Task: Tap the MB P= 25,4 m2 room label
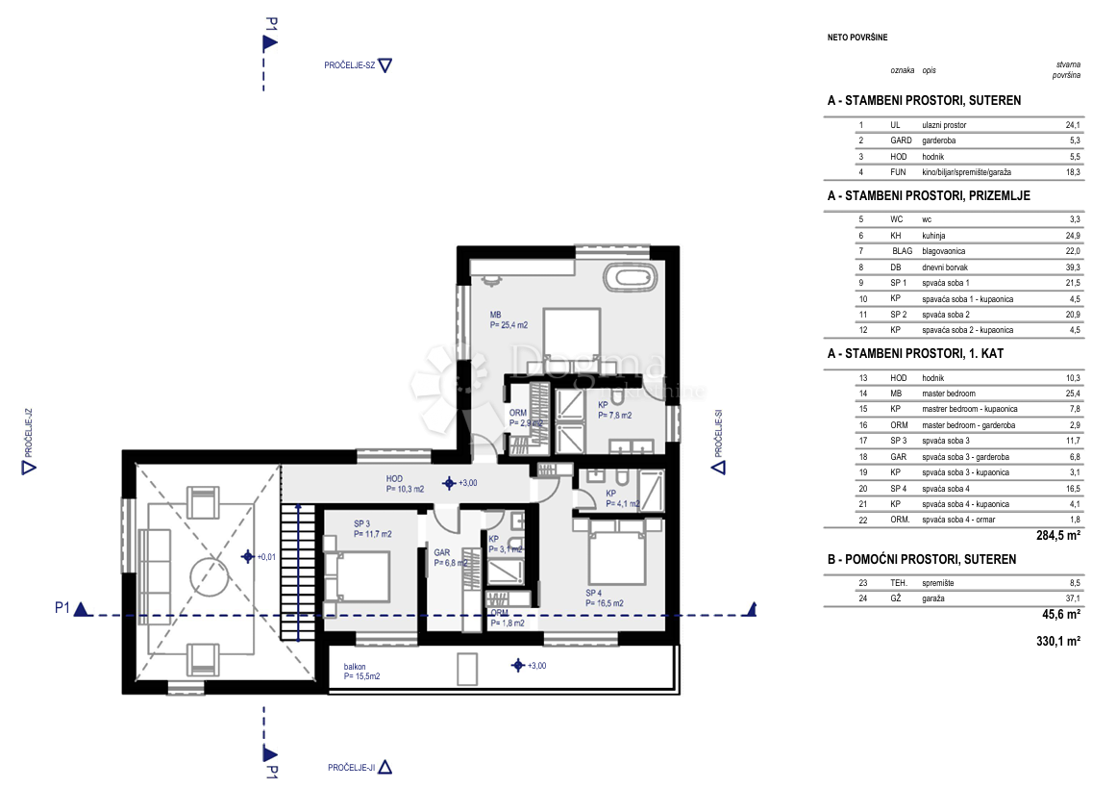click(x=512, y=319)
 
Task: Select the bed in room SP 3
click(x=357, y=574)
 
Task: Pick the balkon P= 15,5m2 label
click(x=361, y=672)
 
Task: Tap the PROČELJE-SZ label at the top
click(x=349, y=65)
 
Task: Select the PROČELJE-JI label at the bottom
click(x=350, y=767)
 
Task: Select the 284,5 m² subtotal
click(x=1060, y=536)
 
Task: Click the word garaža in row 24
click(x=934, y=597)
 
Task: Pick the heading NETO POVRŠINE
click(x=857, y=38)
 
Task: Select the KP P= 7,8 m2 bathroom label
click(x=614, y=411)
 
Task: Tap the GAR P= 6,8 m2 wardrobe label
click(x=450, y=558)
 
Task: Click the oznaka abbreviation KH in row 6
click(x=895, y=236)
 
